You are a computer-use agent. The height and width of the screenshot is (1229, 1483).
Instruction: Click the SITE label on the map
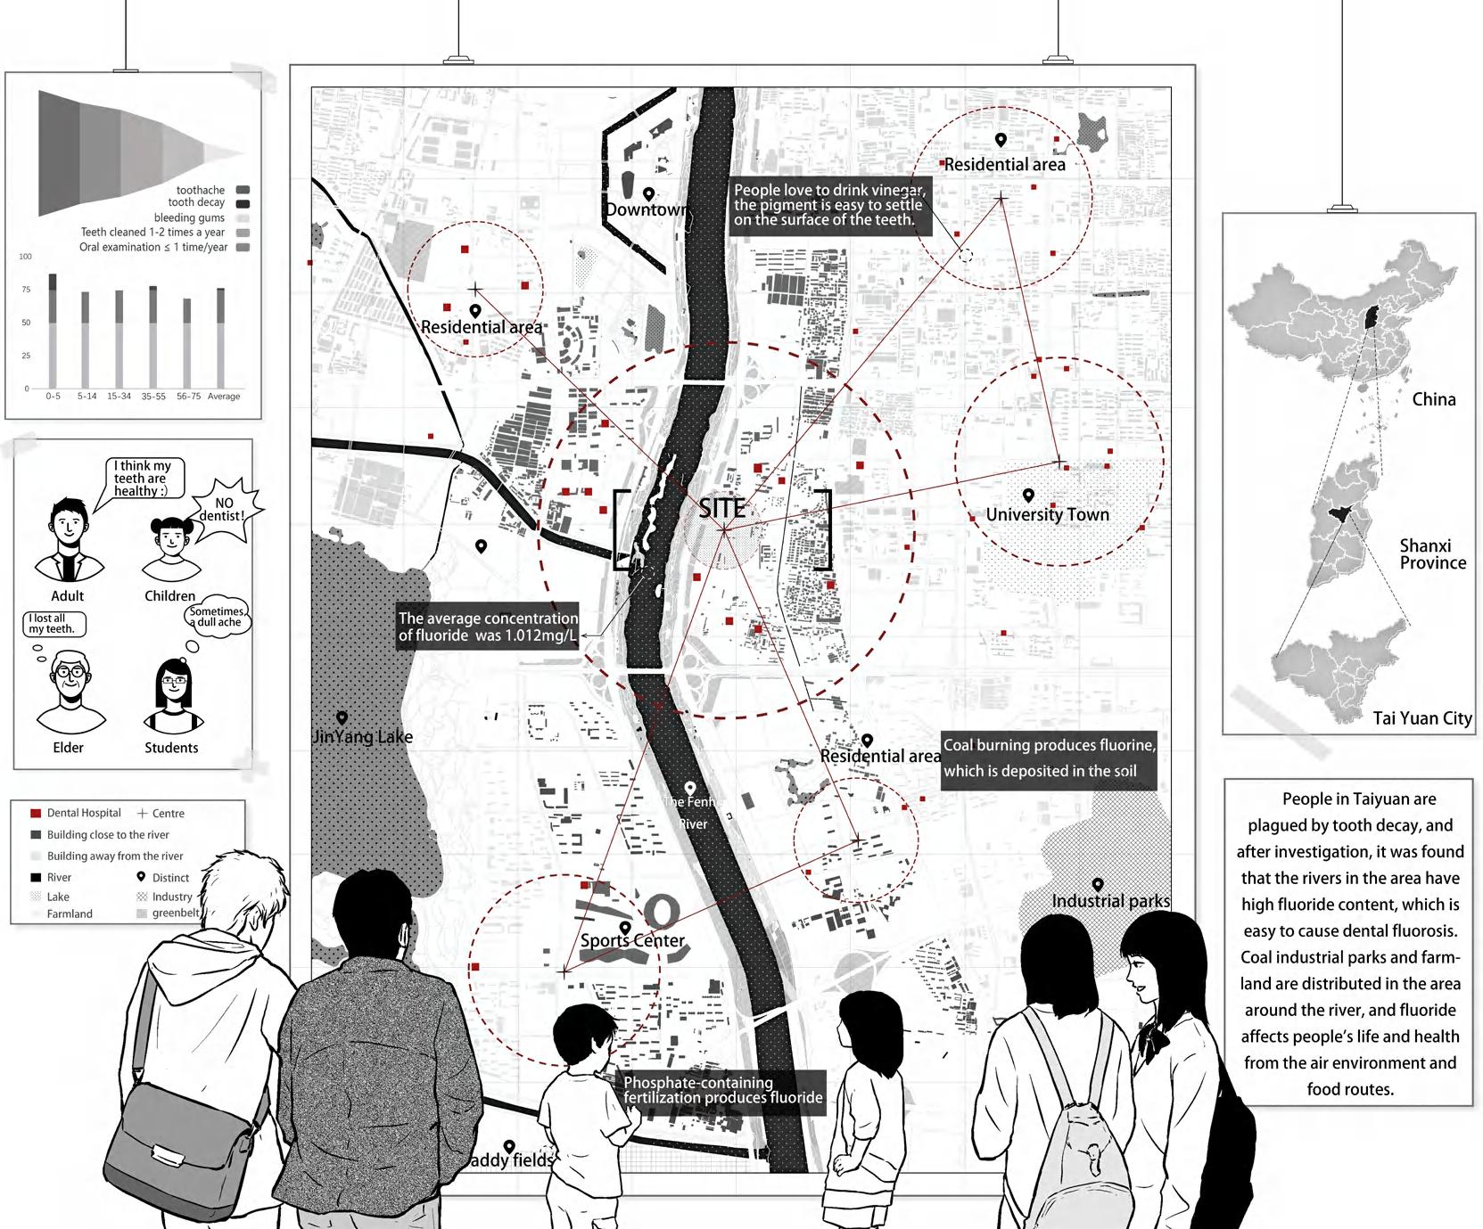(721, 509)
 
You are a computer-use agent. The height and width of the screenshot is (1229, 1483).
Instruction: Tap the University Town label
(1047, 514)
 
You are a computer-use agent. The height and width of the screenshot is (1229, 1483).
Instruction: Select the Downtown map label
(647, 209)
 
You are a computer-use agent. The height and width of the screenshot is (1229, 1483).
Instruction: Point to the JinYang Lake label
(363, 736)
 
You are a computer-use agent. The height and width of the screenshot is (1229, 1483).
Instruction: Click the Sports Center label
(632, 940)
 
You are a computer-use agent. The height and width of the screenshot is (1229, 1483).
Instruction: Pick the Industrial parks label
(1110, 901)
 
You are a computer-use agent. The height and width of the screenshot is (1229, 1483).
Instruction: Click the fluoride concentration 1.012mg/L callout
(487, 627)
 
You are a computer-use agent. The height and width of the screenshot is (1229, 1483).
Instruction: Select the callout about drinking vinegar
(829, 206)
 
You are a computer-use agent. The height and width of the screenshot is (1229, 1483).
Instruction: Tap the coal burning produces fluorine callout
(1049, 758)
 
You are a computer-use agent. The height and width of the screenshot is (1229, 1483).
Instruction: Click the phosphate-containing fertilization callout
(722, 1091)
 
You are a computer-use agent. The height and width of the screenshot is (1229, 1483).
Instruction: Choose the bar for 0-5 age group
(53, 330)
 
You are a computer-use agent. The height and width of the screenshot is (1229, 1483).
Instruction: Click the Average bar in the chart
(221, 337)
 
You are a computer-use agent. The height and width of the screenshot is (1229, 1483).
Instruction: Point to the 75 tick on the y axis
(27, 290)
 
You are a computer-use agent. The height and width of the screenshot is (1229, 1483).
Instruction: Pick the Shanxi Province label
(1432, 553)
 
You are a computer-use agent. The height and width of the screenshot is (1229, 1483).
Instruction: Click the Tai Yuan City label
(1421, 718)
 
